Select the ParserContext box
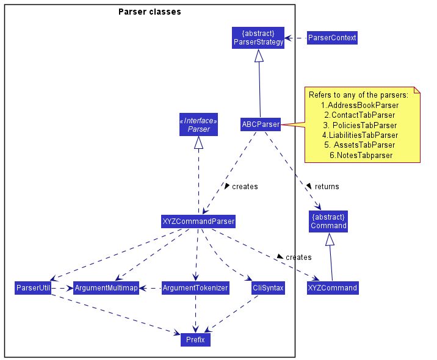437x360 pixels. point(331,38)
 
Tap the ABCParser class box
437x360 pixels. point(261,124)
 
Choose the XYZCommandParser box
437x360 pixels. point(198,221)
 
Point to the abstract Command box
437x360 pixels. point(328,221)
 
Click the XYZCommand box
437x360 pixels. point(333,287)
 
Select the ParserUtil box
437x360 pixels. point(34,287)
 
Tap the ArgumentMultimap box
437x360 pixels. point(106,287)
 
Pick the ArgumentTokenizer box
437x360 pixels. point(195,287)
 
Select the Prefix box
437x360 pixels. point(195,339)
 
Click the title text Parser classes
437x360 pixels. point(150,12)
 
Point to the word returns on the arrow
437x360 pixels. point(327,186)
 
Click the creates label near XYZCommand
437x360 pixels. point(298,257)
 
